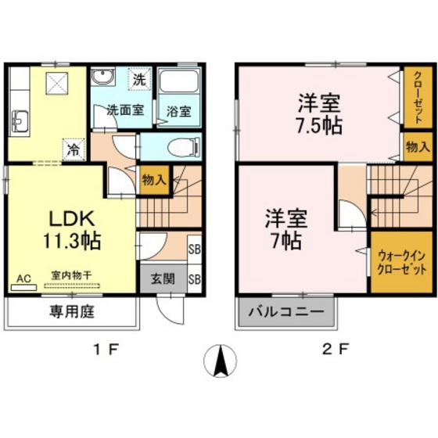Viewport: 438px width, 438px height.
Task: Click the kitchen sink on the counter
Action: coord(20,122)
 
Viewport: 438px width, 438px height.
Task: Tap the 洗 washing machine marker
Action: coord(138,79)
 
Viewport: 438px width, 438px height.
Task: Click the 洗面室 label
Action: coord(124,110)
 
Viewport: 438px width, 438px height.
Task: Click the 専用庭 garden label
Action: coord(73,312)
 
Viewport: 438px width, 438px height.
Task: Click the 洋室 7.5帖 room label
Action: coord(318,114)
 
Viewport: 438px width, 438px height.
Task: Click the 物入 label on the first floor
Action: coord(153,180)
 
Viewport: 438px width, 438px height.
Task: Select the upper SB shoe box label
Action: coord(194,250)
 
